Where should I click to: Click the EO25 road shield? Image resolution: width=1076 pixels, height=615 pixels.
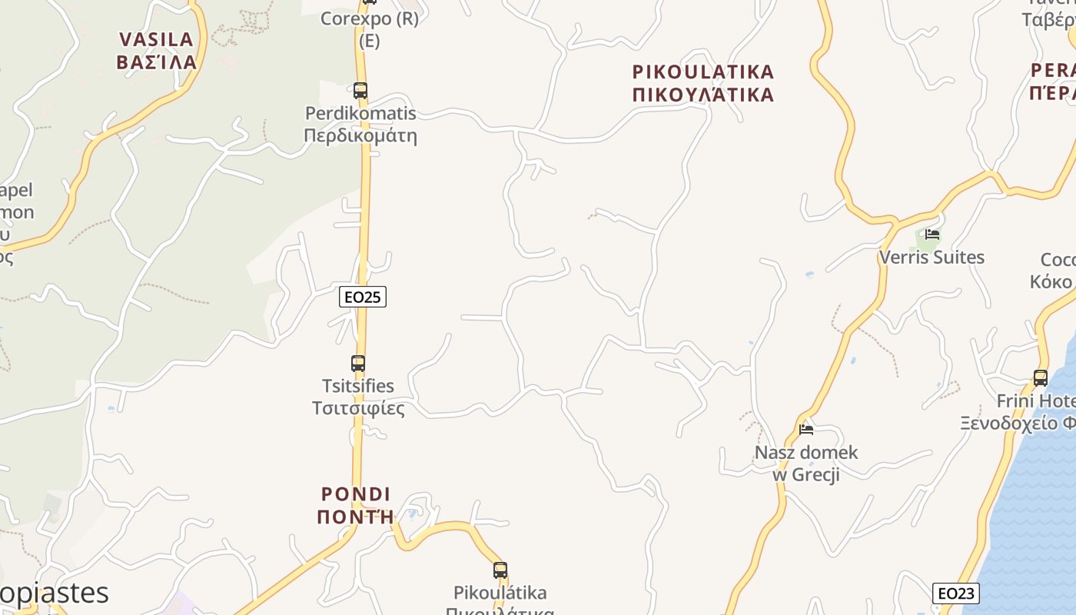pos(363,297)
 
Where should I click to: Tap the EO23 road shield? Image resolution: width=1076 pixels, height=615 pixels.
pos(956,593)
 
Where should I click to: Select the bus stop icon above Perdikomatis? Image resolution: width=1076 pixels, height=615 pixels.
pos(360,91)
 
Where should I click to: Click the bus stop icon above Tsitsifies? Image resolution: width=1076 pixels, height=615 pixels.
pos(358,364)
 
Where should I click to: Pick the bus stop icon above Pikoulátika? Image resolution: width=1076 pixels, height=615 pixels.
pos(500,570)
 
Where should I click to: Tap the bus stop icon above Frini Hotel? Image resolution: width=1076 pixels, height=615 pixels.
pos(1041,378)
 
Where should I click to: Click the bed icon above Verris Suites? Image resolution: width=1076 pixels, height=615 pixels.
pos(932,234)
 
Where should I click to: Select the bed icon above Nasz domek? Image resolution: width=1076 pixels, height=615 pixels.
pos(806,430)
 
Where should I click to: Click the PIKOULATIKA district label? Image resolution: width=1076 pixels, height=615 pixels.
pos(703,72)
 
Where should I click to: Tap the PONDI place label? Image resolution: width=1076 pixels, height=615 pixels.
pos(356,494)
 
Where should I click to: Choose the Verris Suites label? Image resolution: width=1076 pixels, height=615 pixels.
pos(932,258)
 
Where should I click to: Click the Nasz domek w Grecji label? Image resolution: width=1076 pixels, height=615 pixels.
pos(806,463)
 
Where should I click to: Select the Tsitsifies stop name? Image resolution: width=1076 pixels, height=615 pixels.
pos(358,386)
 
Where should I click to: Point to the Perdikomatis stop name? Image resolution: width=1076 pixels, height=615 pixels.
pos(360,114)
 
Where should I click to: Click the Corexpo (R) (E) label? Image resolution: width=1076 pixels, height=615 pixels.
pos(370,29)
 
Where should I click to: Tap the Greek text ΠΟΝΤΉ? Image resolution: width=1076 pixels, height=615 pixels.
pos(356,517)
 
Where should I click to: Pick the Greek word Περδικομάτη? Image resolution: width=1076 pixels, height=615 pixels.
pos(360,137)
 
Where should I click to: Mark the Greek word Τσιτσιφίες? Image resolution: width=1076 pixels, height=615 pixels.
pos(358,408)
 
